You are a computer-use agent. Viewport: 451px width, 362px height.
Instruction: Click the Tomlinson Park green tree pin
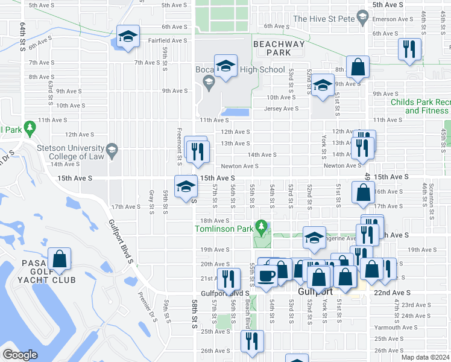click(x=261, y=227)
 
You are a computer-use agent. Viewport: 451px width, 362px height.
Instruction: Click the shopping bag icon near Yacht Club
click(x=60, y=259)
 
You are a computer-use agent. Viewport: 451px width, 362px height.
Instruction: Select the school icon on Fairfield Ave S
click(x=128, y=38)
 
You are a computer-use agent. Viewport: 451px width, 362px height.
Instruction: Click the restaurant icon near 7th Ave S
click(x=409, y=50)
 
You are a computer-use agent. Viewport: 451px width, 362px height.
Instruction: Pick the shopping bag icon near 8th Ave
click(x=358, y=68)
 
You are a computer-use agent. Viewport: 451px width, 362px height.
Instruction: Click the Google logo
click(x=20, y=355)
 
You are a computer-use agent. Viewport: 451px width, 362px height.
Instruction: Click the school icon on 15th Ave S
click(x=185, y=187)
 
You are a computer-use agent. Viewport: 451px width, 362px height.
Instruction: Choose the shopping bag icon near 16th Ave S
click(x=363, y=193)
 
